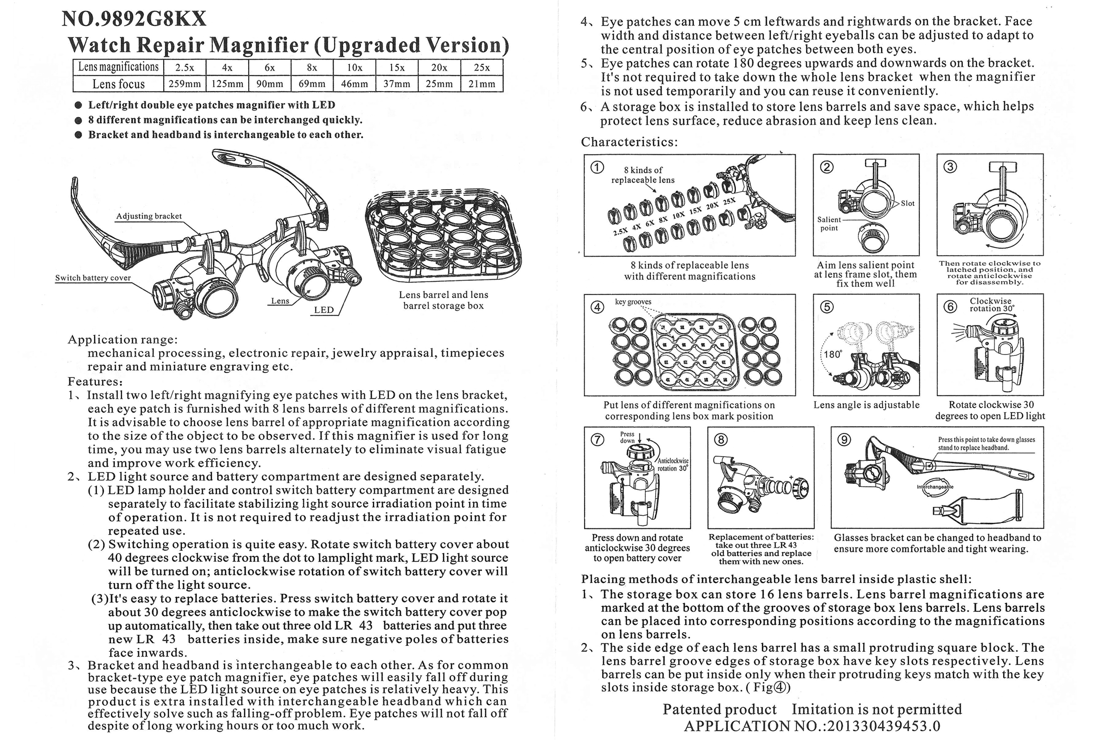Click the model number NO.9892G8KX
click(x=134, y=19)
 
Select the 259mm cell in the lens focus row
click(x=185, y=84)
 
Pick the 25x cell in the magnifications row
click(x=482, y=68)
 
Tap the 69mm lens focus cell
click(x=312, y=84)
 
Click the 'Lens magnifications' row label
click(x=118, y=67)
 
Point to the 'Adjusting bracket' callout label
click(x=148, y=216)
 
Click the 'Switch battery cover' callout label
click(x=93, y=278)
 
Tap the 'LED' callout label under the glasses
click(x=324, y=310)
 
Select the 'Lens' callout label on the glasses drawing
click(x=280, y=301)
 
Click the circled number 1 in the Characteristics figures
click(x=597, y=167)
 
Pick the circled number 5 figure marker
click(x=826, y=307)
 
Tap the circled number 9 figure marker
click(x=844, y=440)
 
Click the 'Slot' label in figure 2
click(x=907, y=203)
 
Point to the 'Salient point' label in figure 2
click(x=829, y=224)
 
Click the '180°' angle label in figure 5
click(x=833, y=354)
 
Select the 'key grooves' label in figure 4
click(x=633, y=302)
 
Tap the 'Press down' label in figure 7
click(x=627, y=438)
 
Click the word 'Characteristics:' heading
click(x=629, y=142)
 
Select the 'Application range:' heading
click(x=123, y=340)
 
